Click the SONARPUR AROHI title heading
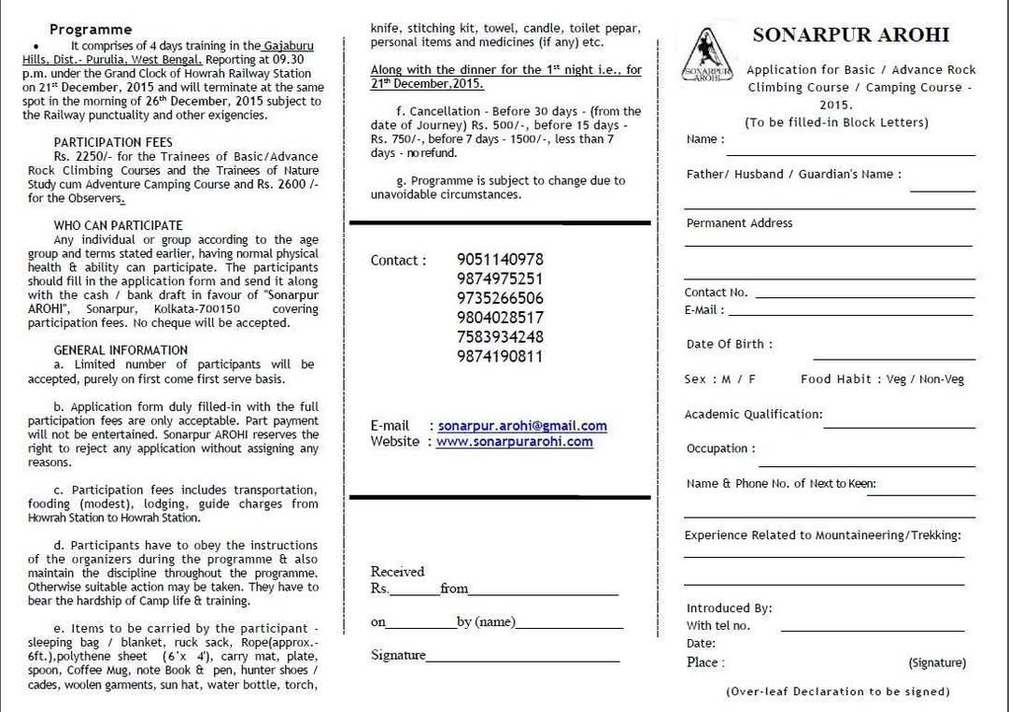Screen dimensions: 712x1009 (x=850, y=36)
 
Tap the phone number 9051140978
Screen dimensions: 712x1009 (x=500, y=260)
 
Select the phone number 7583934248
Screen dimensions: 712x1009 (x=500, y=336)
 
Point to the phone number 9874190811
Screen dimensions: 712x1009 (x=500, y=356)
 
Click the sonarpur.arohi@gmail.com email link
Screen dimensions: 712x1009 (x=522, y=426)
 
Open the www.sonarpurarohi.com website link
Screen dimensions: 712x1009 (x=514, y=442)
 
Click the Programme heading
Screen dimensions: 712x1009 (x=91, y=30)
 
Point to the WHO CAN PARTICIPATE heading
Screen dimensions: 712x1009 (x=118, y=225)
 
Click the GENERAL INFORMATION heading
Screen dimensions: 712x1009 (x=121, y=350)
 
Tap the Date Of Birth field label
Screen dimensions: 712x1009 (x=729, y=344)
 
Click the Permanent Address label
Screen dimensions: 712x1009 (x=739, y=223)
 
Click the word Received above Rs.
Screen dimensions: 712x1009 (x=397, y=572)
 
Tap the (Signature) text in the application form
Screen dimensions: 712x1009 (x=937, y=663)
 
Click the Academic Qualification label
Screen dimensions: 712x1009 (x=753, y=414)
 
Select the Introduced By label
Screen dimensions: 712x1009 (x=729, y=608)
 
